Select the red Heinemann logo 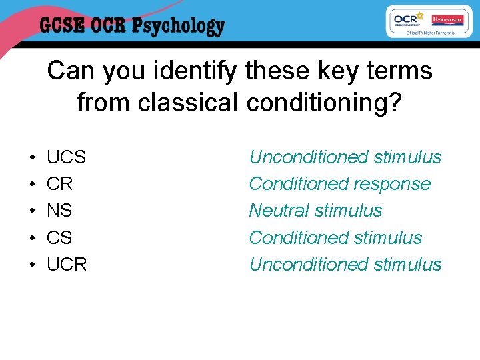tap(447, 19)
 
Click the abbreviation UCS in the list tap(66, 157)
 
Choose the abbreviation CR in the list tap(59, 184)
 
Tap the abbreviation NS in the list tap(59, 211)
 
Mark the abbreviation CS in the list tap(59, 237)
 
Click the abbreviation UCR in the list tap(67, 264)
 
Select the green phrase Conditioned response tap(340, 184)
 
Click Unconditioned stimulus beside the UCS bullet tap(345, 157)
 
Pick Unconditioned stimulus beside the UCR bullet tap(345, 264)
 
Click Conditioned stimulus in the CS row tap(335, 237)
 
